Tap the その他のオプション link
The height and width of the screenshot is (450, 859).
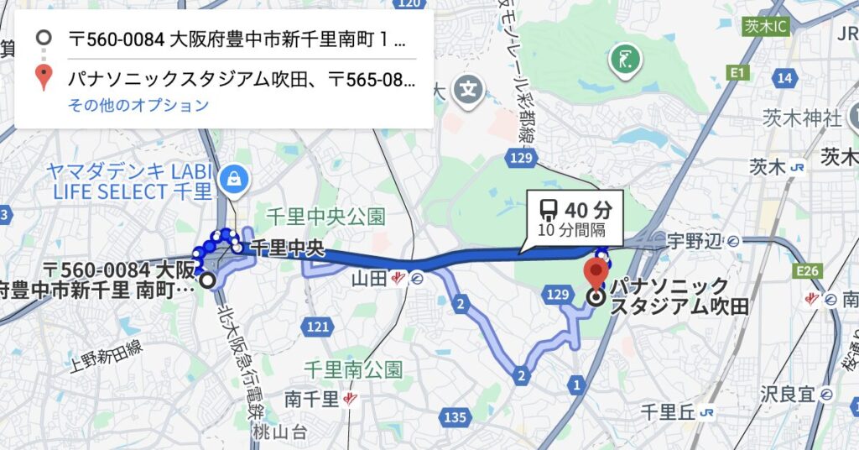pos(138,105)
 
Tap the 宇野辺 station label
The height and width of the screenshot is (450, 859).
pos(694,242)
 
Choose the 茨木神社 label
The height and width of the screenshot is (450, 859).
pos(801,118)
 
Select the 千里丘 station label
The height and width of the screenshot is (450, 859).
pos(665,411)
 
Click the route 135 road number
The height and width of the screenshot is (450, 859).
pos(456,416)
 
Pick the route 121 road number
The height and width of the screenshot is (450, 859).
pos(318,327)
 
